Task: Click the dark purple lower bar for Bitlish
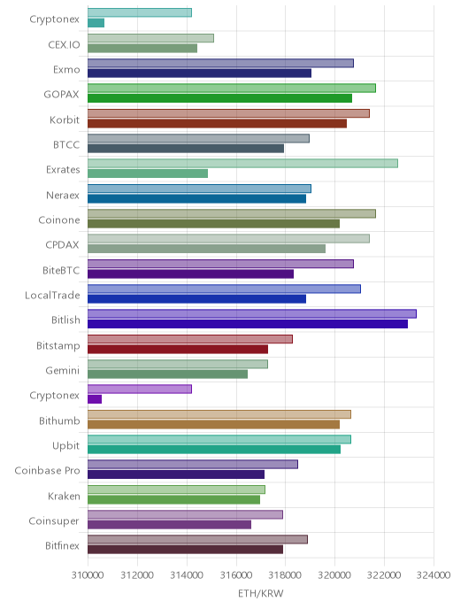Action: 248,324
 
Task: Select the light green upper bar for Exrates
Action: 242,163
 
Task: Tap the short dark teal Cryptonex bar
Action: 96,23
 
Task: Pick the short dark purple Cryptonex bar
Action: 95,399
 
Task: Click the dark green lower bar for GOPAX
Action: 219,98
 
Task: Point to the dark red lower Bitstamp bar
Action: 178,349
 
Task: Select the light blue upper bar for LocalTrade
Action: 224,289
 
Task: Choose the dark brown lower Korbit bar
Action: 217,123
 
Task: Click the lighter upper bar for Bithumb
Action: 219,414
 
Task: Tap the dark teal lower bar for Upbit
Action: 214,449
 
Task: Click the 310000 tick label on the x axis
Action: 88,574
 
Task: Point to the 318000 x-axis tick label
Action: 285,574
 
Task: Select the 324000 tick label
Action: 434,574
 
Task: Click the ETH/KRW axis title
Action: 260,593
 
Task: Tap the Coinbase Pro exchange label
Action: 48,471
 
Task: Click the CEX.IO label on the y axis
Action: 64,44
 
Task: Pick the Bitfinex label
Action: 63,545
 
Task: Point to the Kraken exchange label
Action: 64,496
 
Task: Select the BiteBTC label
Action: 61,270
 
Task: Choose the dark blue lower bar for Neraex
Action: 196,198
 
